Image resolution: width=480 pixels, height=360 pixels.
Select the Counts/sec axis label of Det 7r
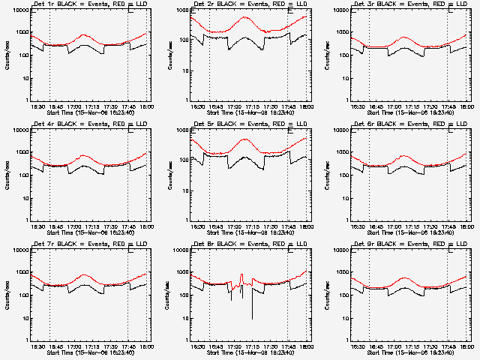tap(7, 295)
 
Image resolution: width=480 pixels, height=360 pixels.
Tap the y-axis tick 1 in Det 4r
tap(26, 220)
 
